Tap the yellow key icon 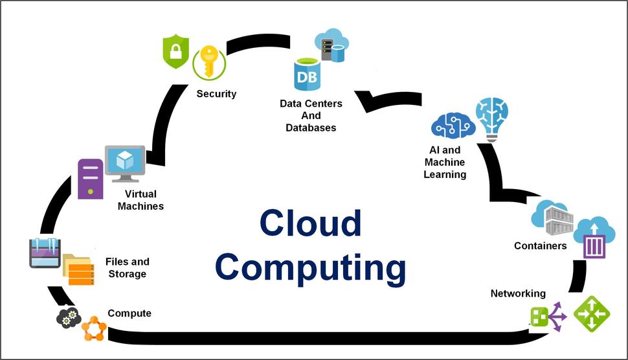208,62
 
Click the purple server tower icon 91,178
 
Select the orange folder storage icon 79,269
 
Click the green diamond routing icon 592,314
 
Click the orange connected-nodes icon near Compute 93,328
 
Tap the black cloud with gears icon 69,317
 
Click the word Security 216,94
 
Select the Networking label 518,293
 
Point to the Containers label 540,246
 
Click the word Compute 129,313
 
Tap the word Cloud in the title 310,223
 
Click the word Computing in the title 310,267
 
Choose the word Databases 311,128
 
